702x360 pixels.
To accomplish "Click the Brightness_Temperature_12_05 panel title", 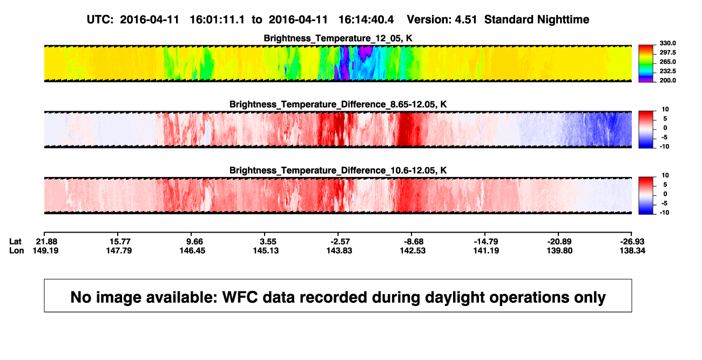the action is tap(338, 38).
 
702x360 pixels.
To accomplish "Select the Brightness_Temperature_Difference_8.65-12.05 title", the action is tap(338, 104).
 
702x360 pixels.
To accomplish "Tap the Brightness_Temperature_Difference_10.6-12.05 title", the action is tap(338, 171).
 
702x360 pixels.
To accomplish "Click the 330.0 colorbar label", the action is tap(667, 43).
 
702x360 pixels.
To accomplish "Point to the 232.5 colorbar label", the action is tap(667, 71).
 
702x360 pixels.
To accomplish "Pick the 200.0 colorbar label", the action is tap(667, 80).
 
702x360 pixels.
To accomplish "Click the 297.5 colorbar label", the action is tap(667, 53).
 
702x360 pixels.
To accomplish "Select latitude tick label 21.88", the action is tap(46, 242).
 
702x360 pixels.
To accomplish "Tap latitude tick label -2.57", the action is tap(340, 242).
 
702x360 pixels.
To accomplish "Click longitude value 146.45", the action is tap(192, 250).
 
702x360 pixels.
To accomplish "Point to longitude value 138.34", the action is tap(632, 250).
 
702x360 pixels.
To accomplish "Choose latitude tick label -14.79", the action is tap(486, 242).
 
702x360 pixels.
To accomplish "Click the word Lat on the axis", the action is tap(15, 242).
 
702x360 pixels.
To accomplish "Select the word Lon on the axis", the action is tap(16, 250).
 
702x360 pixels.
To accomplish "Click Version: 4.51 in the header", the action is tap(442, 19).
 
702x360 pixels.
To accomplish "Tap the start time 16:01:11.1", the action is tap(217, 19).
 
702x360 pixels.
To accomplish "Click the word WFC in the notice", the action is tap(240, 297).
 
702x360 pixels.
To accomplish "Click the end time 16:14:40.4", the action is tap(366, 19).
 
